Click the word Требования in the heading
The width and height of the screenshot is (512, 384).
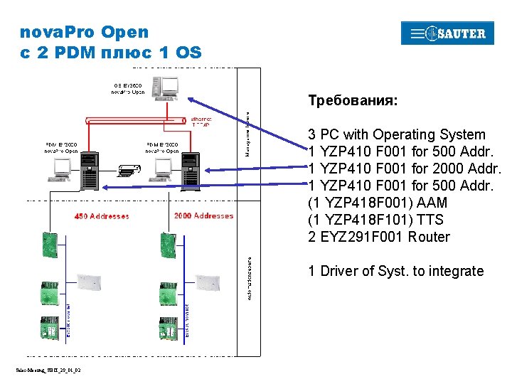pos(353,100)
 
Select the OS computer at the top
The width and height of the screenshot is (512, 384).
pos(169,85)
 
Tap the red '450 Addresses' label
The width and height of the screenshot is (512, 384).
pos(102,216)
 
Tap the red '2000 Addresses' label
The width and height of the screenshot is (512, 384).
pos(203,216)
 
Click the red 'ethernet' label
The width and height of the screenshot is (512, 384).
pos(201,119)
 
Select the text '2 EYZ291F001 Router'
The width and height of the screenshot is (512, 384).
pos(379,237)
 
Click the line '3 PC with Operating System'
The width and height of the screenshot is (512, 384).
pos(397,134)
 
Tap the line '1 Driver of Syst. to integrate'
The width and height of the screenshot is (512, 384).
pos(395,271)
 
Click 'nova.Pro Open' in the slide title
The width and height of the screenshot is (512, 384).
pos(85,32)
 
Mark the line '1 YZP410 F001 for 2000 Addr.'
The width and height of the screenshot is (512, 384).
pos(405,169)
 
